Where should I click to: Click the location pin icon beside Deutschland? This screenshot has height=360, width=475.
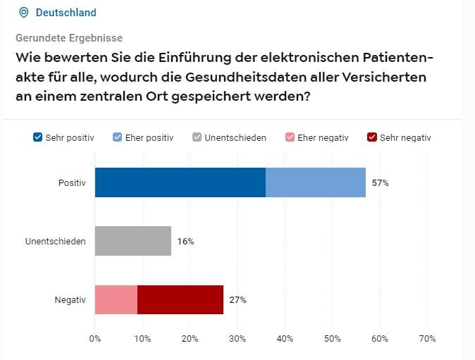click(24, 13)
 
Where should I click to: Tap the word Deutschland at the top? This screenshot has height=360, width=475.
click(66, 13)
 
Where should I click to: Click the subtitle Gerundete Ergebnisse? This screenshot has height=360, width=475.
click(69, 38)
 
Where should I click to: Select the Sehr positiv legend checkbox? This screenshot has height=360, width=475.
click(38, 137)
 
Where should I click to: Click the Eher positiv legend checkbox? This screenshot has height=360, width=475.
click(118, 137)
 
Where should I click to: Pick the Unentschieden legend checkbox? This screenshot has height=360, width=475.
click(197, 137)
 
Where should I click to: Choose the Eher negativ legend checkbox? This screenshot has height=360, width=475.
click(290, 137)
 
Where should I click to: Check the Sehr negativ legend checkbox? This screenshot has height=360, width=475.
click(372, 137)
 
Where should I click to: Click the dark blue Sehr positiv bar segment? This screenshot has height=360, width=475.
click(180, 182)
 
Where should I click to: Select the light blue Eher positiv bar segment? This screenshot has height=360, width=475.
click(316, 182)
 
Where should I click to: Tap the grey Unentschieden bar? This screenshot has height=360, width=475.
click(133, 241)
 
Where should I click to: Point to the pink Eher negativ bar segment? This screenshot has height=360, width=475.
click(116, 299)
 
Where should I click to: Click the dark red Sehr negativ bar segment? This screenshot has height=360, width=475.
click(180, 299)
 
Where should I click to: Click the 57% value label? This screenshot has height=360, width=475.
click(381, 183)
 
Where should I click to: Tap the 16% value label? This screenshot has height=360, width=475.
click(186, 242)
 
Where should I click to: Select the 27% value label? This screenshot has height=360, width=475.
click(238, 300)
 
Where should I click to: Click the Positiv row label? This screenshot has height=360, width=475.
click(72, 183)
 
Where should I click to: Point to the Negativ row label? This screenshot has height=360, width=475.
click(70, 300)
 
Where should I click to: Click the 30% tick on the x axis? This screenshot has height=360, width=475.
click(237, 339)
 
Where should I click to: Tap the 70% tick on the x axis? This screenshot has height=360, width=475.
click(427, 339)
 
